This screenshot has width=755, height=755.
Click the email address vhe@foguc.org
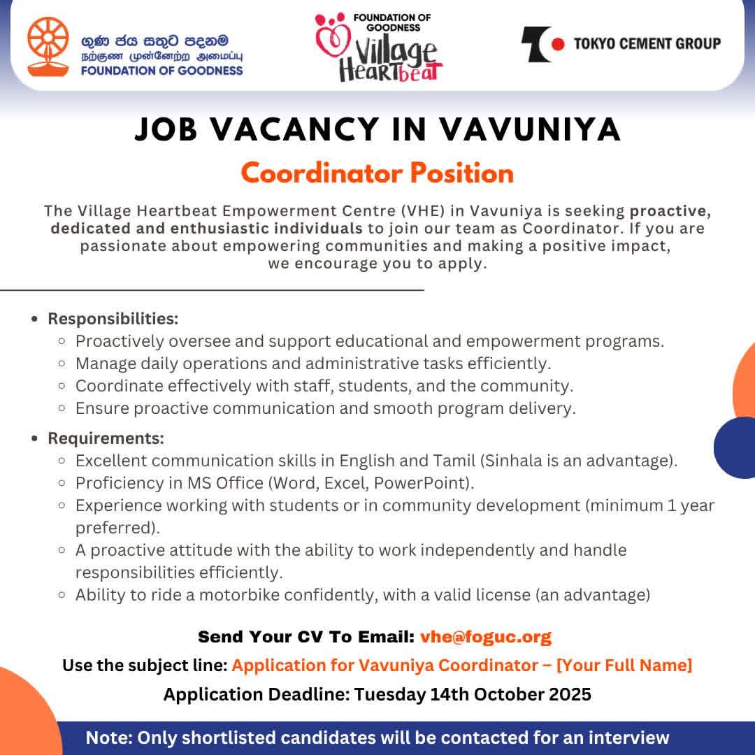(x=485, y=637)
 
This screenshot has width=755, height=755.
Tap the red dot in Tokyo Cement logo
(x=557, y=44)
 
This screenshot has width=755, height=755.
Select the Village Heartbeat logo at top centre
(x=380, y=48)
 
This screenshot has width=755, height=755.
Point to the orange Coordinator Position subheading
(x=377, y=173)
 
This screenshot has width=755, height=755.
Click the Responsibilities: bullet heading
(x=113, y=319)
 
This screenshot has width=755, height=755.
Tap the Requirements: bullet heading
(x=106, y=438)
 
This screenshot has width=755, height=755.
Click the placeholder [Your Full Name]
(x=624, y=666)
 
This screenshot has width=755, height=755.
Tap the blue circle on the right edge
(x=738, y=447)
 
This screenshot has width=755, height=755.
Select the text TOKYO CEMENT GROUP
(x=647, y=44)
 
